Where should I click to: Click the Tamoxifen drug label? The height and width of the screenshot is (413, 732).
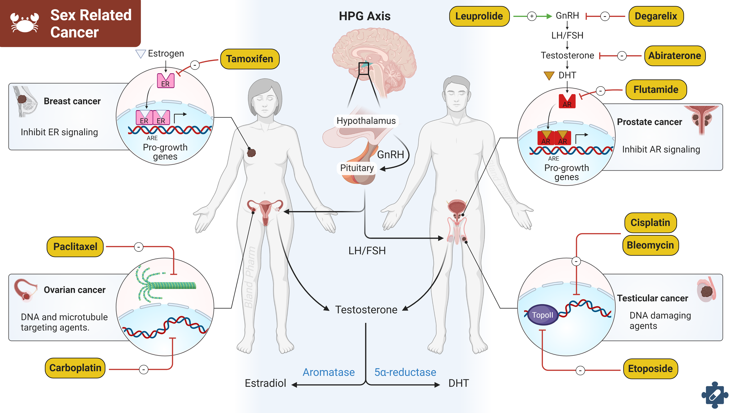[250, 59]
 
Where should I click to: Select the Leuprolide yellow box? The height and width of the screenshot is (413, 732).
[479, 16]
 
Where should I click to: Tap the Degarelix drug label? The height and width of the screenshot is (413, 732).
[656, 16]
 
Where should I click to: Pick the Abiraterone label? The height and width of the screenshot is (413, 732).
[675, 56]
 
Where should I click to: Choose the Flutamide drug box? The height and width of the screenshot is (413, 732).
[656, 90]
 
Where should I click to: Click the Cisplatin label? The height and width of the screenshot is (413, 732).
[650, 222]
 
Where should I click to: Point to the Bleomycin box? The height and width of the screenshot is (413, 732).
[650, 245]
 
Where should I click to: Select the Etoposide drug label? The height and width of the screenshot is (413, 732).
[650, 369]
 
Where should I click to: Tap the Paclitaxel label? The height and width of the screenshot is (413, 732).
[75, 247]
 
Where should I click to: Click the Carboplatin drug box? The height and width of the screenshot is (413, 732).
[75, 368]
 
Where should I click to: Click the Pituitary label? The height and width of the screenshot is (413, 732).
[357, 168]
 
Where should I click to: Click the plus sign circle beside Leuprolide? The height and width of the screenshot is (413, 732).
[532, 16]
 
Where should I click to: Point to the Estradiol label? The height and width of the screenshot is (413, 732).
[265, 383]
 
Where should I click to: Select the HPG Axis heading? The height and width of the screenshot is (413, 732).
[365, 16]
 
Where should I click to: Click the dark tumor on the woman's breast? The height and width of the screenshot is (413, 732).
[251, 153]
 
